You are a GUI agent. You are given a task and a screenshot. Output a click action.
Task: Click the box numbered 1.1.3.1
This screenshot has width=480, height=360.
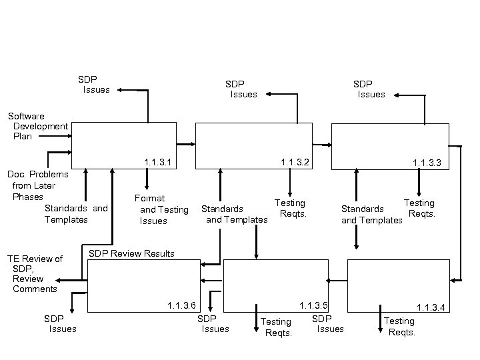coord(124,145)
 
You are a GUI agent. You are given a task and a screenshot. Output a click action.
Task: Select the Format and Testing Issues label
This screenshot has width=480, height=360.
coord(160,209)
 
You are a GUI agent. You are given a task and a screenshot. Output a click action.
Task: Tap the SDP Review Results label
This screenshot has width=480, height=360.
coord(131,253)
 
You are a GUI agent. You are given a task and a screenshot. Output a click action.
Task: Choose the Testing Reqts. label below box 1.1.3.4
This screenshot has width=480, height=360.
coord(400,327)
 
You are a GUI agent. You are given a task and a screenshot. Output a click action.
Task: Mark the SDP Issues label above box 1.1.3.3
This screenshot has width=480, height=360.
coord(368,89)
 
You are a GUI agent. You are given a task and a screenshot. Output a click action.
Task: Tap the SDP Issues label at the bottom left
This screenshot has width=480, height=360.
coord(59,323)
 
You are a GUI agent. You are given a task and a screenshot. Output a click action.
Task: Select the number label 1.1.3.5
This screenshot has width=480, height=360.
coord(313,305)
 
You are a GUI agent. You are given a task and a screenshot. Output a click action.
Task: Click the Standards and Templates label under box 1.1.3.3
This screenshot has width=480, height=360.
coord(372,215)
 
